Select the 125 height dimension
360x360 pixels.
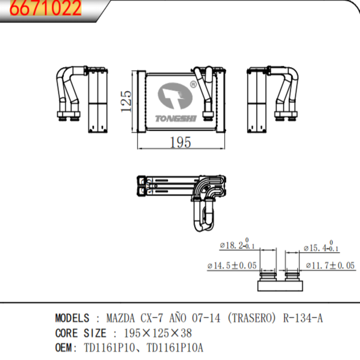[x=126, y=100]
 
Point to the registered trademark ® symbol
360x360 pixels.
[x=193, y=84]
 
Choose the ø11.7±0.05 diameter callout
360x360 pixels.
[x=330, y=265]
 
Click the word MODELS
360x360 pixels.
[x=72, y=318]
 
